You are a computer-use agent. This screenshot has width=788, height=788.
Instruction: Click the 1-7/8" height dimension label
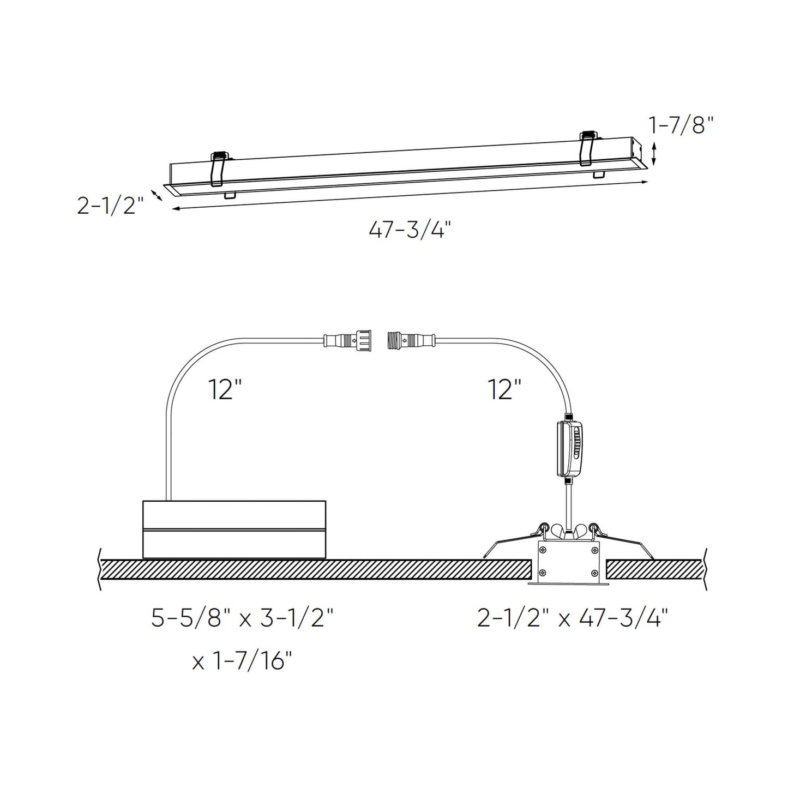(x=681, y=125)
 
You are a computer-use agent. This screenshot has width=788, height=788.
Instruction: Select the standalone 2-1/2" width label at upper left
(x=110, y=206)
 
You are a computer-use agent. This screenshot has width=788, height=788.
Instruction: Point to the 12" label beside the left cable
(x=225, y=389)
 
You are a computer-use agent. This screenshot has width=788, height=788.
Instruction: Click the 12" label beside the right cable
(x=504, y=389)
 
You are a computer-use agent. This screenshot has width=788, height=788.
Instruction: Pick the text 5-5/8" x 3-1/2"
(x=242, y=619)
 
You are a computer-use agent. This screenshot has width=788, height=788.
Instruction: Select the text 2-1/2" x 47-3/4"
(x=573, y=619)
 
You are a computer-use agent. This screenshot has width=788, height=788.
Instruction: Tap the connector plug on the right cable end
(x=412, y=341)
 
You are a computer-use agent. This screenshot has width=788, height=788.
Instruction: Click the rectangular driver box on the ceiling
(x=234, y=529)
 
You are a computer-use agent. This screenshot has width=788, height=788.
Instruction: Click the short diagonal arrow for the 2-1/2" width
(x=157, y=195)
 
